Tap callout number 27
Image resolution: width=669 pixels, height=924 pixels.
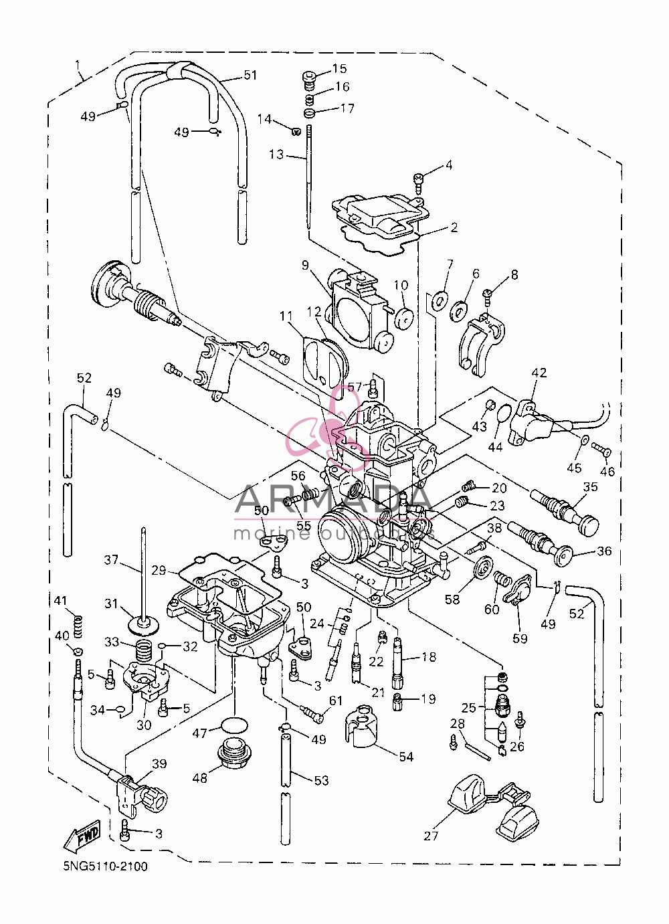click(431, 836)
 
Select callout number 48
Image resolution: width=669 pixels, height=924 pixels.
click(199, 778)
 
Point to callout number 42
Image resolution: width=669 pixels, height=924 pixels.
click(539, 373)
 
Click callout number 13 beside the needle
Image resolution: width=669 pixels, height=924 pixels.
click(276, 155)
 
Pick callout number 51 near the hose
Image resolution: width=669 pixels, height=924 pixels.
click(250, 75)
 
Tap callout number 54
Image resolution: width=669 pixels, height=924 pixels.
click(406, 757)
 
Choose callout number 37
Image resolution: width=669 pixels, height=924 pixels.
click(111, 560)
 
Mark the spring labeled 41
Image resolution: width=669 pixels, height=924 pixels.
click(78, 626)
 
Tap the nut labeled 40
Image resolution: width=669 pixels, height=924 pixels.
click(78, 651)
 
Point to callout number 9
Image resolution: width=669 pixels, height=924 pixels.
click(305, 265)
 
